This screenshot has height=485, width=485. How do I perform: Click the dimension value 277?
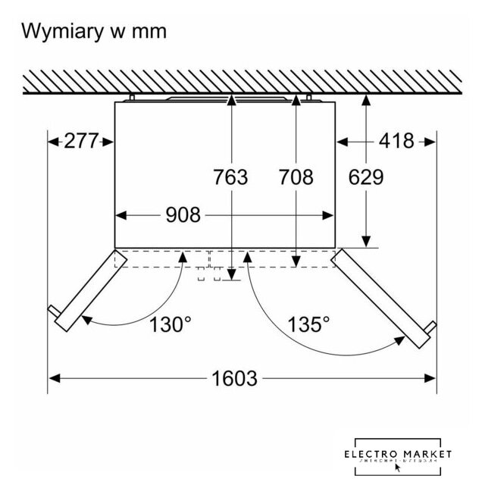tap(83, 141)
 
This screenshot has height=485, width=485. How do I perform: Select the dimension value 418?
tap(396, 141)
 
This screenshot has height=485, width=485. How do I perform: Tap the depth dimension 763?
tap(230, 177)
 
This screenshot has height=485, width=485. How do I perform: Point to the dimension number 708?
tap(296, 177)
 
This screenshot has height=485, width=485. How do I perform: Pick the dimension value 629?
tap(366, 177)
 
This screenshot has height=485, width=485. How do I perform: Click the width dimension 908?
tap(183, 215)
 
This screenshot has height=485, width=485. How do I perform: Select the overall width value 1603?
tap(236, 377)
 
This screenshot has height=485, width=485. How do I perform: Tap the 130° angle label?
tap(170, 325)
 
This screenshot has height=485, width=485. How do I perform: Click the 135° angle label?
tap(308, 325)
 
